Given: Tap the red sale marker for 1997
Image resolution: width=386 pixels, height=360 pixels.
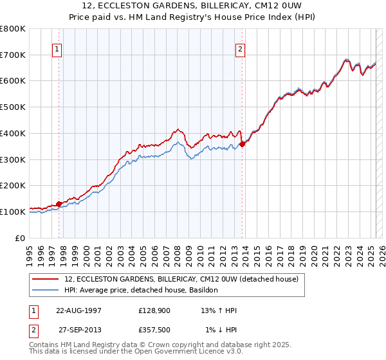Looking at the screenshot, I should point(59,204).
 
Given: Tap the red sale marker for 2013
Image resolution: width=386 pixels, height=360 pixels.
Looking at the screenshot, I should point(243,145).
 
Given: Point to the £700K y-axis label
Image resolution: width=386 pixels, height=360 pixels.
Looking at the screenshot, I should point(13,55).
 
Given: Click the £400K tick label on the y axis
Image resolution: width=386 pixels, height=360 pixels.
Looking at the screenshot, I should point(13,133).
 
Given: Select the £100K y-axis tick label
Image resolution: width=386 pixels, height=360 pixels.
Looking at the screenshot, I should point(13,212).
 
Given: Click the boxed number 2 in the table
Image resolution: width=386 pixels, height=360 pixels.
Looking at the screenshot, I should point(32,330).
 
